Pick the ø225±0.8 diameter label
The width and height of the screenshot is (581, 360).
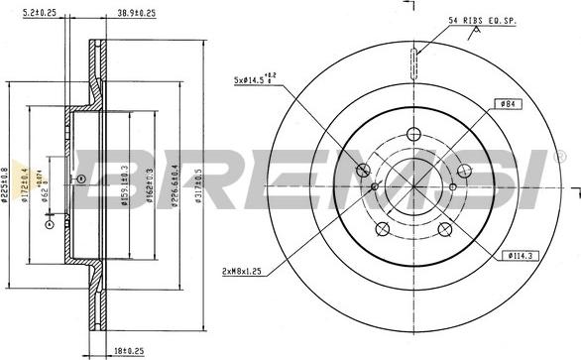click(x=8, y=179)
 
